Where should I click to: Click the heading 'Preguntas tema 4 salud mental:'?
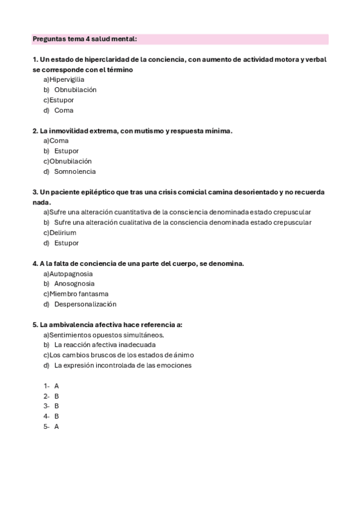pos(85,39)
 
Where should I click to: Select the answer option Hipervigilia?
pos(67,79)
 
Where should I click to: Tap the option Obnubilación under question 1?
pos(75,90)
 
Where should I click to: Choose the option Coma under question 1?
pos(64,111)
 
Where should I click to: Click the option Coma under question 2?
pos(59,141)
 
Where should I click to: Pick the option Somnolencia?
pos(75,171)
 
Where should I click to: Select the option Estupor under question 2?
pos(66,151)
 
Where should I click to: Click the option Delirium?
pos(63,233)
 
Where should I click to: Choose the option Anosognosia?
pos(74,284)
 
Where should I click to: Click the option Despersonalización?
pos(85,304)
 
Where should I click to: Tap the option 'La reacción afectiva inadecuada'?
pos(105,345)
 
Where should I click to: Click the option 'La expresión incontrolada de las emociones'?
pos(123,365)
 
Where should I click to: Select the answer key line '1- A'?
pos(51,386)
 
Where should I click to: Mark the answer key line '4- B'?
pos(51,416)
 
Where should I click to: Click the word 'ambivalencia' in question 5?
pos(73,325)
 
